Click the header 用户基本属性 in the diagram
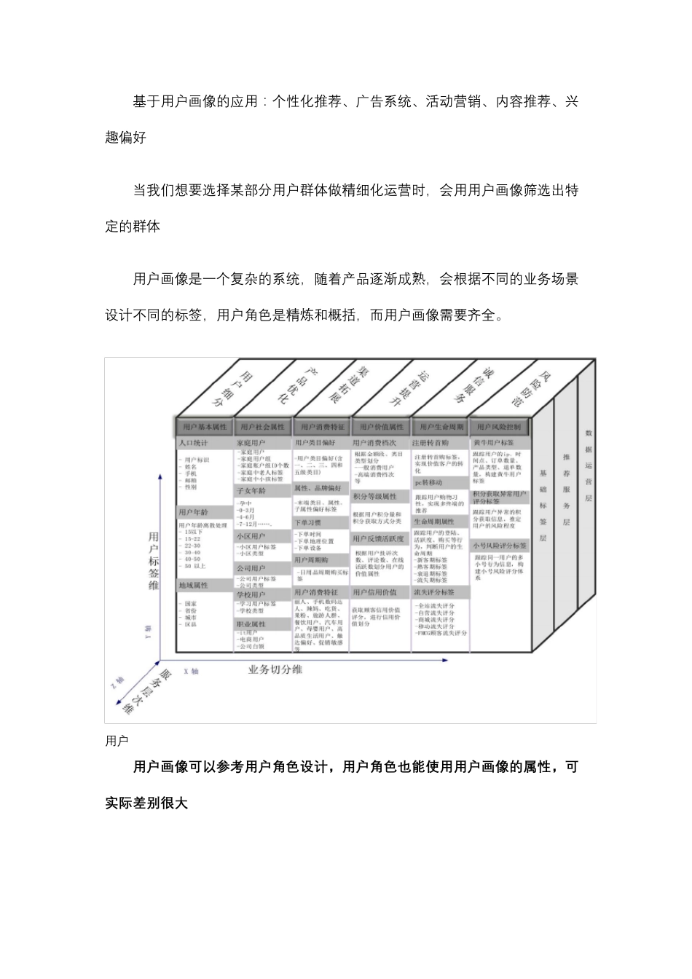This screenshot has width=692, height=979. point(205,427)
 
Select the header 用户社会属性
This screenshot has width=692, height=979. point(263,427)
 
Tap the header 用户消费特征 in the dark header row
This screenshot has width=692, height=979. point(321,427)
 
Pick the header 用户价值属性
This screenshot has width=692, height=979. point(381,427)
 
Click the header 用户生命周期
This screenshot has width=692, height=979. point(441,427)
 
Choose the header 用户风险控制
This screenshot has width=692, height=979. point(499,427)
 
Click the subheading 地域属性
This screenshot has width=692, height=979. point(194,585)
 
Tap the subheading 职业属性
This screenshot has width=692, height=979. point(251,624)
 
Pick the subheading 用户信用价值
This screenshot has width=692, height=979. point(374,592)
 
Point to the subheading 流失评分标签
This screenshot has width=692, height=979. point(435,592)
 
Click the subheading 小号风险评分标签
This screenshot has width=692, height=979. point(500,545)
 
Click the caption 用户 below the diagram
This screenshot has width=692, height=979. point(117,741)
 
